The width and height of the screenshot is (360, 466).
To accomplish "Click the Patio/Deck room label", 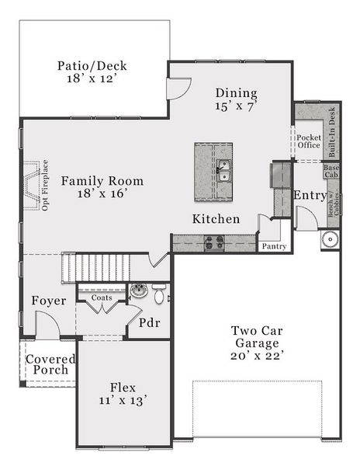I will coord(92,66).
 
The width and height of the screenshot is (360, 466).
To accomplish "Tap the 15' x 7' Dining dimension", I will coord(236,107).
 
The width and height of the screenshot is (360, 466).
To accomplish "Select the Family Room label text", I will coord(102,181).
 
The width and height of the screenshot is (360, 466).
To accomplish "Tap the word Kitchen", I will coord(216,219).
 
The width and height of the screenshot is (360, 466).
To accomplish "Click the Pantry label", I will coord(274,246).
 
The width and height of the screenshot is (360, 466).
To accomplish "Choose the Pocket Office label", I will coord(308,141).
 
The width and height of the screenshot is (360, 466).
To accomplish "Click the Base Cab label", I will coord(331,171).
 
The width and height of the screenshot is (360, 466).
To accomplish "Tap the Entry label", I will coord(310,196).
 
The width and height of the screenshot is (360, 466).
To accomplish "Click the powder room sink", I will coord(139,291).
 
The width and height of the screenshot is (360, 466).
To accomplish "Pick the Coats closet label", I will coord(101,297).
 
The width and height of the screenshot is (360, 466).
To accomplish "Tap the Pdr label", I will coord(149,322).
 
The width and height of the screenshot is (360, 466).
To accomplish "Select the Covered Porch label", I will coord(50,364).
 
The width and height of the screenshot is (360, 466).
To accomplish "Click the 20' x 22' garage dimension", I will coord(251,355).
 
